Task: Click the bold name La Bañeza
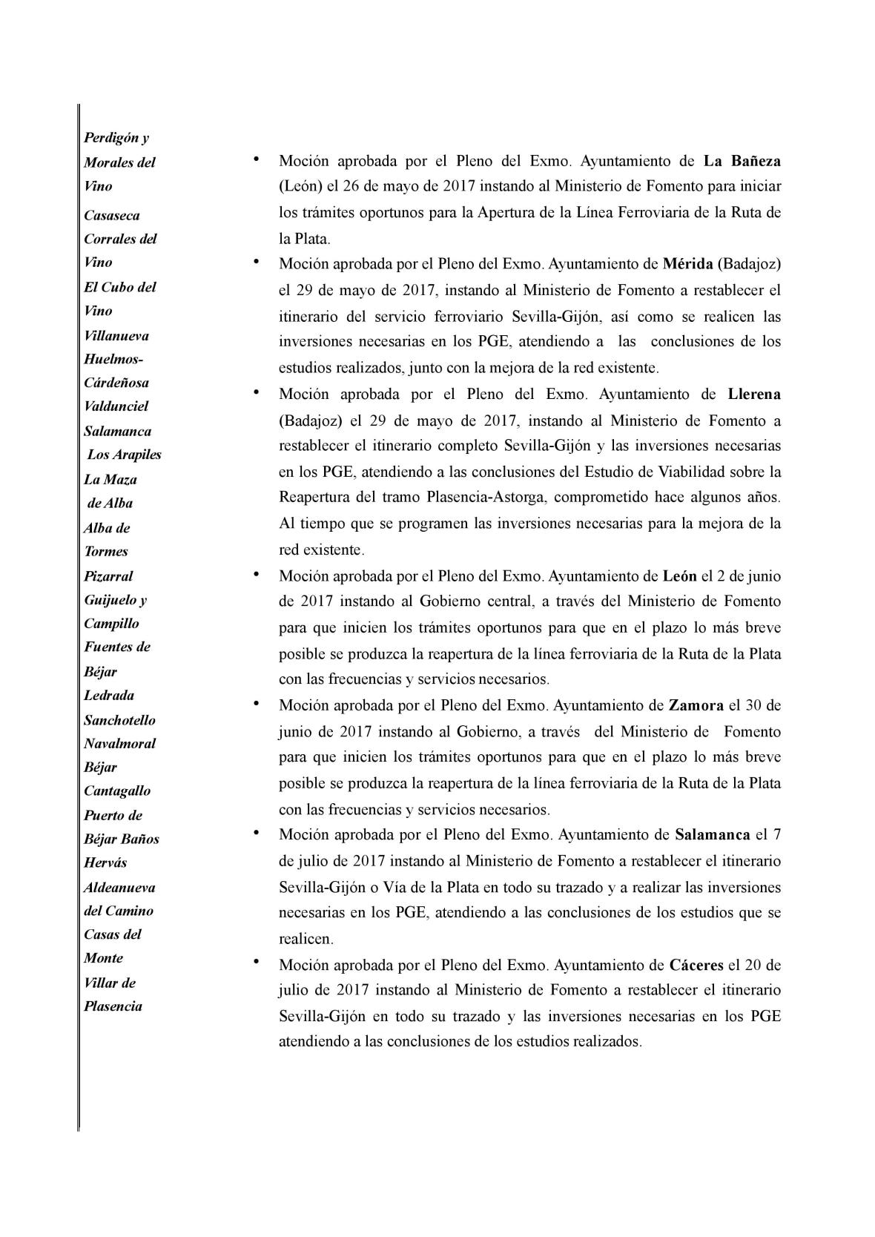[742, 161]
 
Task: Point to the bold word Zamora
[696, 705]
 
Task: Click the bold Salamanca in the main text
[712, 834]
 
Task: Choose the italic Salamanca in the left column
[117, 432]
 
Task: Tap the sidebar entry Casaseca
[111, 216]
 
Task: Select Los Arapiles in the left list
[124, 455]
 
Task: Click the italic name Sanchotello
[119, 720]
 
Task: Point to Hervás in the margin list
[105, 862]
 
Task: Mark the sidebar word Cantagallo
[116, 791]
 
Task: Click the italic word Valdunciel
[116, 406]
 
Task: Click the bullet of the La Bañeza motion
[255, 157]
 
